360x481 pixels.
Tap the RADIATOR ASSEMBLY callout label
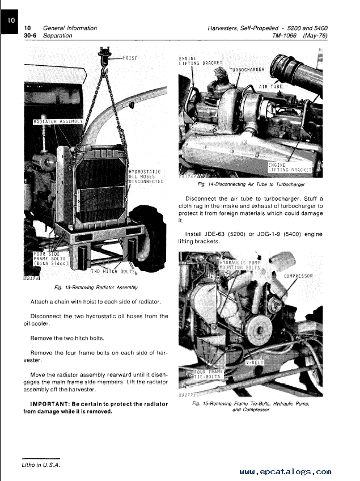(58, 121)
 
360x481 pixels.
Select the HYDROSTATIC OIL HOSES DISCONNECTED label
(146, 176)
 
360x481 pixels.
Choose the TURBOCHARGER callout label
(247, 70)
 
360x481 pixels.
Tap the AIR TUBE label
(270, 87)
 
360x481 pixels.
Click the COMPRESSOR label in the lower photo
(298, 276)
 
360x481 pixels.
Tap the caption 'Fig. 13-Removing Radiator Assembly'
(96, 288)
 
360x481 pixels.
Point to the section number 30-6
(31, 36)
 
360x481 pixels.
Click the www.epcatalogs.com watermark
(285, 471)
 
